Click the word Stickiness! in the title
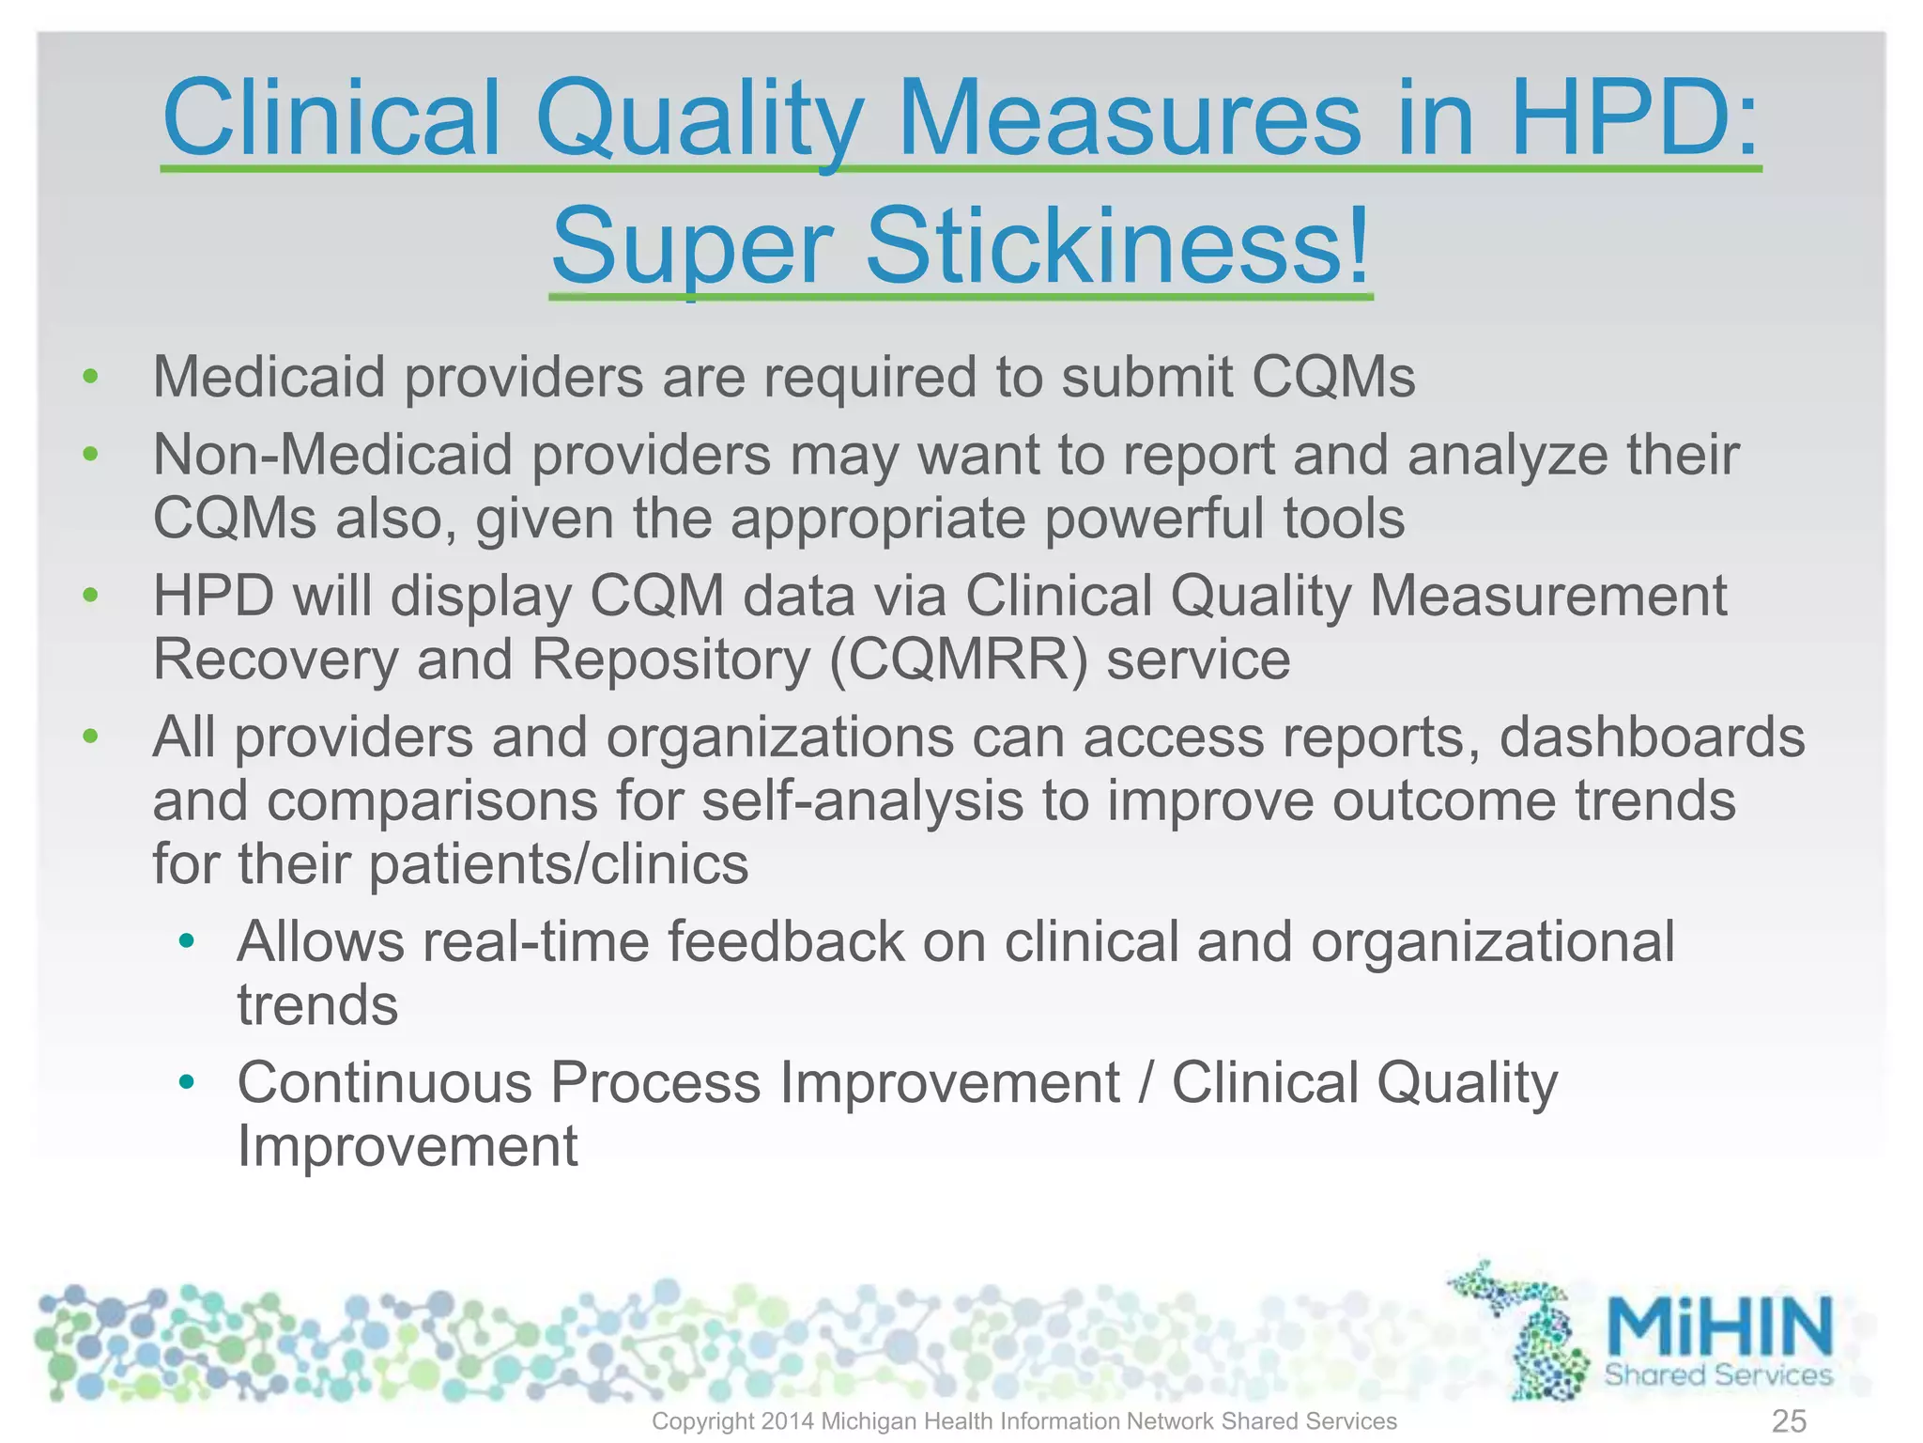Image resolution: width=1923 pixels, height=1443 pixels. coord(1117,246)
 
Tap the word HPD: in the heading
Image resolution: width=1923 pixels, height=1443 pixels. coord(1635,118)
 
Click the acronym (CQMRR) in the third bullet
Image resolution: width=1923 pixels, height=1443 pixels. coord(959,659)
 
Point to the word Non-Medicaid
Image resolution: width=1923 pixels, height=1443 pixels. coord(333,455)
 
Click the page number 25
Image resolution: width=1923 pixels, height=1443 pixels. coord(1789,1420)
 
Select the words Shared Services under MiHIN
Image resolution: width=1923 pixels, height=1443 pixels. coord(1717,1374)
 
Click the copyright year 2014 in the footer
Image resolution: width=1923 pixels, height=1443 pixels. coord(787,1421)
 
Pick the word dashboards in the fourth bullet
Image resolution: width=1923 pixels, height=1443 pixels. coord(1652,737)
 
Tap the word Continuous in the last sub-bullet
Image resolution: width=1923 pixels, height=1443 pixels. coord(384,1082)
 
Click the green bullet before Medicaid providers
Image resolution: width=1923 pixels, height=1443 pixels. coord(90,378)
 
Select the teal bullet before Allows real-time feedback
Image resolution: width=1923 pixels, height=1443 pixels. coord(187,941)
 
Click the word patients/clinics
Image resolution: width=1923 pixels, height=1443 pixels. coord(559,864)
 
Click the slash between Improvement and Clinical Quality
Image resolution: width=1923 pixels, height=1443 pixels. coord(1146,1082)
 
